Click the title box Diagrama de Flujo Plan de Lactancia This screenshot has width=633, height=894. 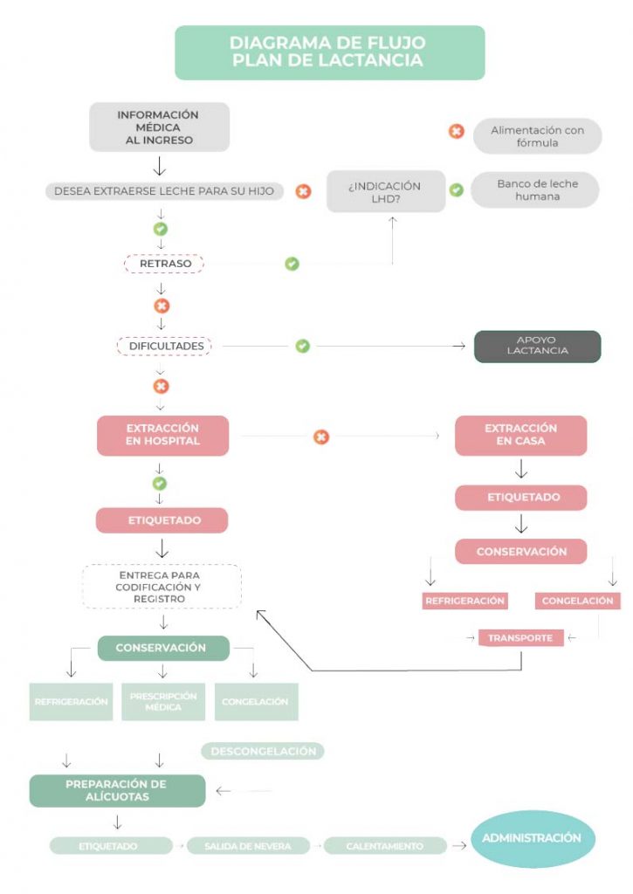(329, 52)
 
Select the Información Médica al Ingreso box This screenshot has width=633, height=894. (159, 127)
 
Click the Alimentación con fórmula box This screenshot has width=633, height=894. (537, 136)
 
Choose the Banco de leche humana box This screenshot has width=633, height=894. (535, 190)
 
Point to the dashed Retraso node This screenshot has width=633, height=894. (164, 264)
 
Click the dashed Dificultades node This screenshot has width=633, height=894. (164, 346)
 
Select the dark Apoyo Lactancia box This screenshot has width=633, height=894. (537, 346)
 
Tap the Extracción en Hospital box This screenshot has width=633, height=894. (162, 435)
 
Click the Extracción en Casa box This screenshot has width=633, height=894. (520, 435)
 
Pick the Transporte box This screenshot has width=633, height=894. (520, 638)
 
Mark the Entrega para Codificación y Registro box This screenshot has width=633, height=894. (162, 587)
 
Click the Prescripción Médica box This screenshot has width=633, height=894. (162, 701)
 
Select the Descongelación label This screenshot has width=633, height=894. (263, 751)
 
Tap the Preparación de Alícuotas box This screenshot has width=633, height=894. (117, 790)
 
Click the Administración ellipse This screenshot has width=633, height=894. (533, 838)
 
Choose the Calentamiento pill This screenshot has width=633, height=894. (385, 846)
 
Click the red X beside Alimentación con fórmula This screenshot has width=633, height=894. (456, 132)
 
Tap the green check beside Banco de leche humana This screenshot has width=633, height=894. (456, 189)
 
